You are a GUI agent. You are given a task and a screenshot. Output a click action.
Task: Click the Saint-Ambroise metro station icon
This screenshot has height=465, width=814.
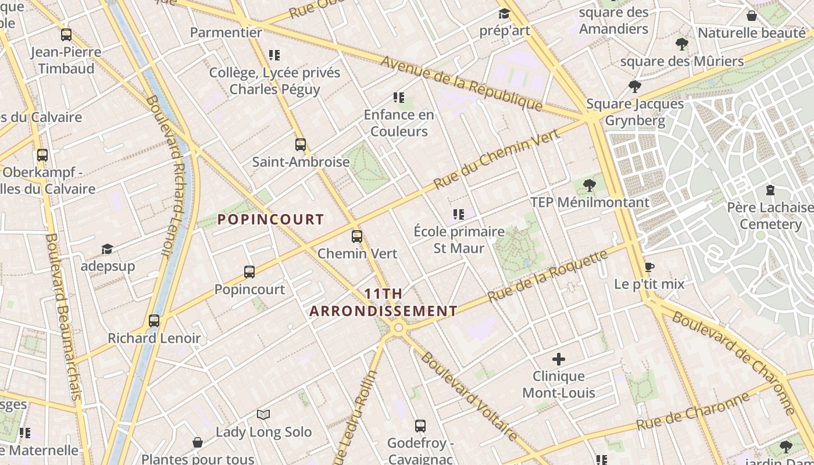tap(300, 145)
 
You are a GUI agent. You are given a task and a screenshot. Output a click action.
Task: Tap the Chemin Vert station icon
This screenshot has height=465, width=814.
tap(356, 237)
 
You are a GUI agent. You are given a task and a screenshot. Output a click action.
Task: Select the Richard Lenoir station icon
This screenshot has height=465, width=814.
tap(153, 321)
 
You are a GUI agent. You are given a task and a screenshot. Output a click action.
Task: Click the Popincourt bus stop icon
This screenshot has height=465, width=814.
tap(249, 272)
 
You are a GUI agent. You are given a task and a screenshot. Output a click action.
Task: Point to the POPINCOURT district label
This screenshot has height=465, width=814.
tap(270, 219)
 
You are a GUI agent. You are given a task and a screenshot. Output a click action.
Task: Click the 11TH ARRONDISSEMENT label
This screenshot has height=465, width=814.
tap(383, 302)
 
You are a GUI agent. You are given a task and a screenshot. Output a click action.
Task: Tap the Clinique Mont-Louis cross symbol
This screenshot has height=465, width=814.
tap(558, 359)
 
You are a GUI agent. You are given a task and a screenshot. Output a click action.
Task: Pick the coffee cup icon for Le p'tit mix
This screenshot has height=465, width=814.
tap(649, 267)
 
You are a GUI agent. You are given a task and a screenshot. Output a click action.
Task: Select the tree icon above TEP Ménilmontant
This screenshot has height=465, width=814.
tap(589, 185)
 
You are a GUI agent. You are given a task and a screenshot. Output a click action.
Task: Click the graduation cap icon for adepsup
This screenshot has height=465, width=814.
tap(107, 249)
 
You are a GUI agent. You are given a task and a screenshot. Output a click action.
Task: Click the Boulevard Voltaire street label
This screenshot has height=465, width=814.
tap(468, 395)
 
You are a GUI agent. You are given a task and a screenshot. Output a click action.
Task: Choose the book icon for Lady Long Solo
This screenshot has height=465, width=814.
tap(263, 414)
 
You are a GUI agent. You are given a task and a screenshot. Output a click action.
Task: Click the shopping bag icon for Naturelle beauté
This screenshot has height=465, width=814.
tap(751, 16)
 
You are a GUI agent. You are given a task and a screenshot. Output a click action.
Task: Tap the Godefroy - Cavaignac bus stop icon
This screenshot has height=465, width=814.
tap(420, 426)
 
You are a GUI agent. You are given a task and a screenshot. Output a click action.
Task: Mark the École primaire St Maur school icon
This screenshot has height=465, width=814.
tap(458, 214)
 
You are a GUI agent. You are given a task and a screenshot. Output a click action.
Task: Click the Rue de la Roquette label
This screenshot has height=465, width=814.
tap(548, 276)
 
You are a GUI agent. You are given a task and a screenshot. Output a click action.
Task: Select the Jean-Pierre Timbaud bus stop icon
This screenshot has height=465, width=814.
tap(66, 35)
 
